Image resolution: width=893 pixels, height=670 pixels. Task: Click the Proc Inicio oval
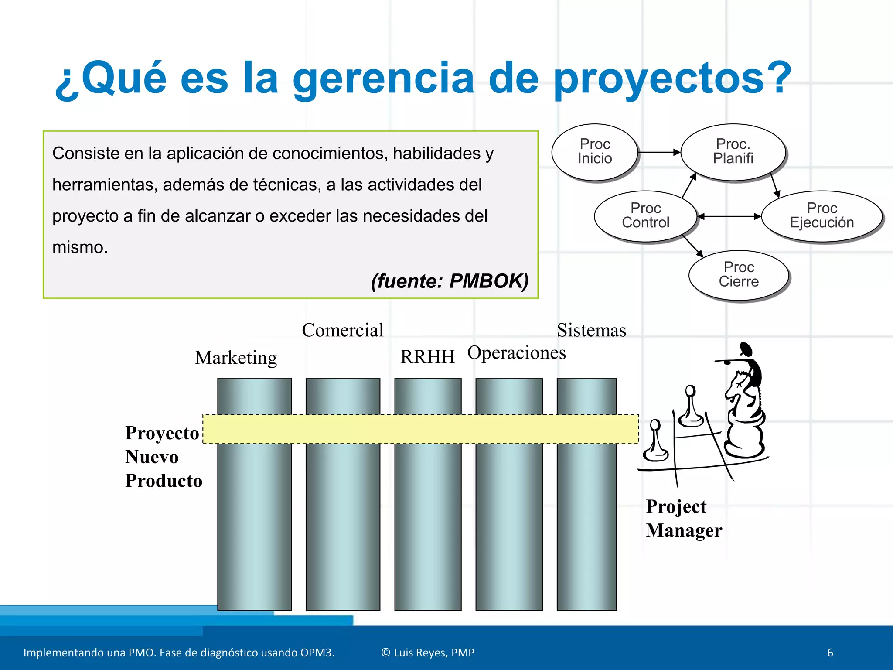tap(594, 151)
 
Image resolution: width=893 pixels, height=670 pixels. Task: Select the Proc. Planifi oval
tap(733, 151)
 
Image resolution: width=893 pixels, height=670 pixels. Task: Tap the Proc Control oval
tap(645, 215)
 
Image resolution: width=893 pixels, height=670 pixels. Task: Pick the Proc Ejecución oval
tap(821, 215)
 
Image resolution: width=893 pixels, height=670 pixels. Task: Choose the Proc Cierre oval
tap(739, 274)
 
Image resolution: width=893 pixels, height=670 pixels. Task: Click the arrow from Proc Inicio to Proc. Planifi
tap(658, 152)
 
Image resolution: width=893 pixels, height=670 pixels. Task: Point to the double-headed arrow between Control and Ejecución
tap(729, 216)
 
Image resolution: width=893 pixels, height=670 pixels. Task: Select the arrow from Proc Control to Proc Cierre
tap(692, 246)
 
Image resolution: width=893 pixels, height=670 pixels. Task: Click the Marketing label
tap(236, 358)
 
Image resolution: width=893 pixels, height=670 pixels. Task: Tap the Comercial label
tap(343, 330)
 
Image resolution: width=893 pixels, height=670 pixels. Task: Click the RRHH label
tap(427, 357)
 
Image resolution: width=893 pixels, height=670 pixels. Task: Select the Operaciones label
tap(517, 352)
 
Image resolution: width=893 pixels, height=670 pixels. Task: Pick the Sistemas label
tap(591, 330)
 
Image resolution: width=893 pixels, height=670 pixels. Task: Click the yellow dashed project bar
tap(421, 429)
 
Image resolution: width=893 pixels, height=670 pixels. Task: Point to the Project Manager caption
tap(683, 518)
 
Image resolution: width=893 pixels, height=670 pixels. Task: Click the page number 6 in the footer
tap(830, 653)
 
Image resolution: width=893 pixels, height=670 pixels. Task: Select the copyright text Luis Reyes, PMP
tap(428, 653)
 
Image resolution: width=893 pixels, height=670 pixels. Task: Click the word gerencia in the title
tap(383, 79)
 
